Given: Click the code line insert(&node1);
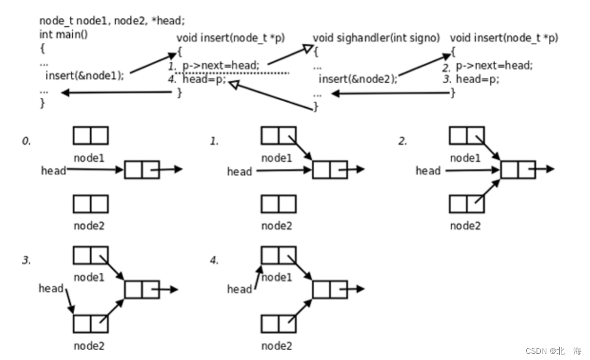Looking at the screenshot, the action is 84,75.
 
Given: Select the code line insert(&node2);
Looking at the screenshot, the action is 358,79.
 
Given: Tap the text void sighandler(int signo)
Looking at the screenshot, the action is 376,38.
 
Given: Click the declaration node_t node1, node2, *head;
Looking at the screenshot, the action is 112,21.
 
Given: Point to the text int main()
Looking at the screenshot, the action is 64,35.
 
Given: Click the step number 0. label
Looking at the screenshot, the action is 26,141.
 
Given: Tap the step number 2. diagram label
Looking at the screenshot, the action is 403,141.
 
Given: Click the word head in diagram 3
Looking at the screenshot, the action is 51,288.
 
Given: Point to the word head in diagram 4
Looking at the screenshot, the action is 239,289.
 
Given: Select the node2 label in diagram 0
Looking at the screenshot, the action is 89,226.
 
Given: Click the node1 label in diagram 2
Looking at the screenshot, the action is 465,158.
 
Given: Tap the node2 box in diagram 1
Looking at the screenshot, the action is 279,204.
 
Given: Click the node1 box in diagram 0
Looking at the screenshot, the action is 91,135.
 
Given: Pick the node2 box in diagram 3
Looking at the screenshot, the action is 91,324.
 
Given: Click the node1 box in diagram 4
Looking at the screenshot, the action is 279,255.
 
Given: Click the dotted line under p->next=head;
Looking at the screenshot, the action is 232,73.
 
